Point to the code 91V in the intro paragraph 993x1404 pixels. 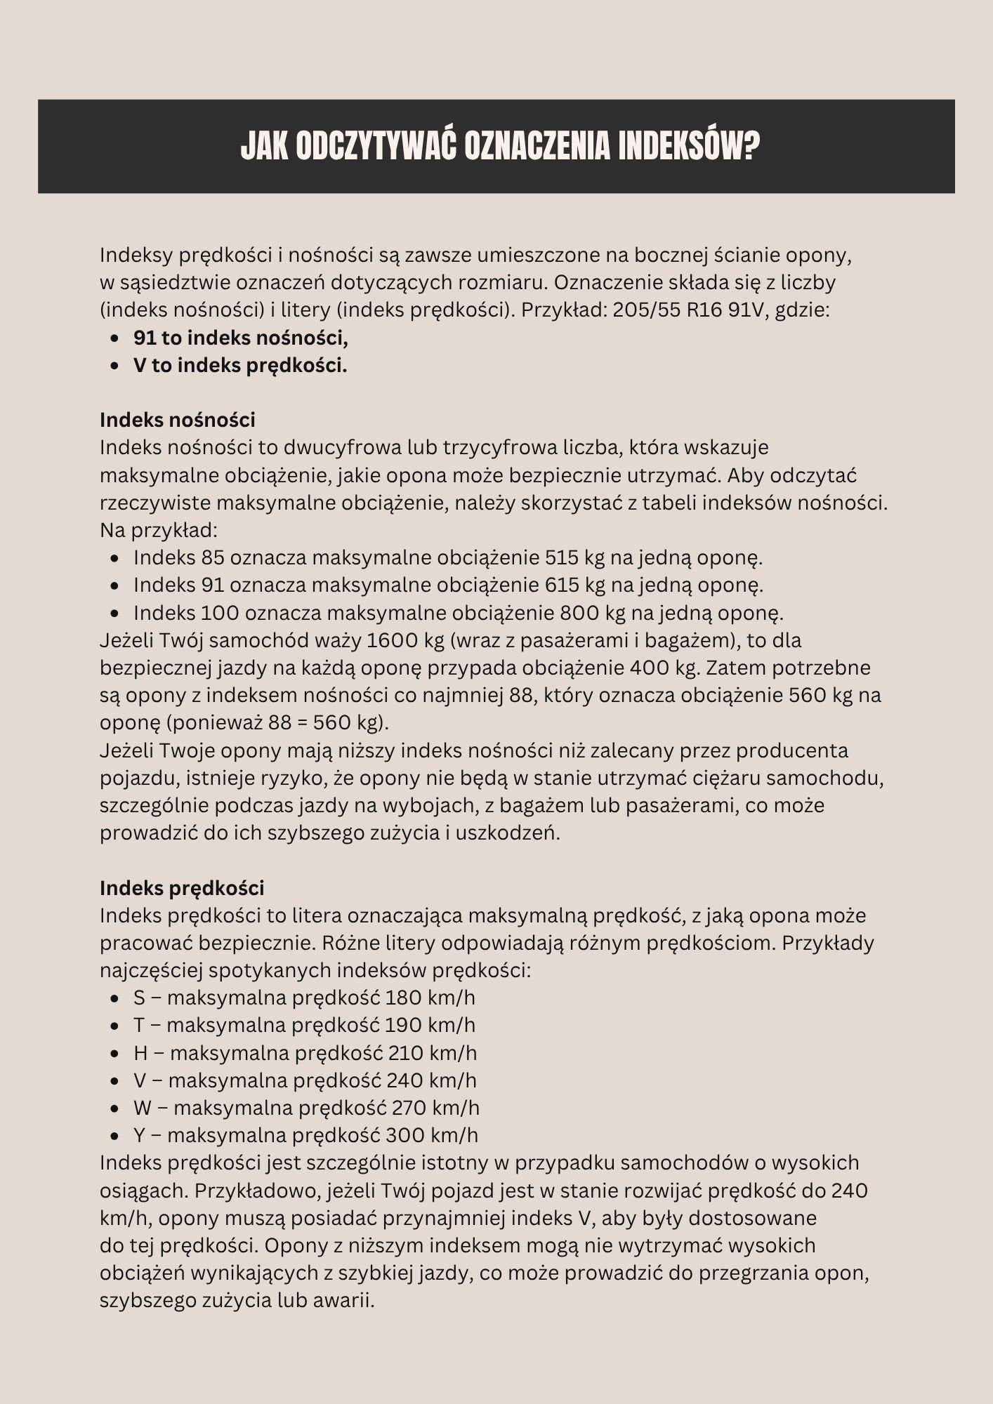(745, 310)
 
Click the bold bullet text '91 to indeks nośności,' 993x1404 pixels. (241, 338)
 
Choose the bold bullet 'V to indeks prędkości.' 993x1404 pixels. (240, 365)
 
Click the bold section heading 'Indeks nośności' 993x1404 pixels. (178, 420)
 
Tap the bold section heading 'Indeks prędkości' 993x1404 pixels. (182, 888)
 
